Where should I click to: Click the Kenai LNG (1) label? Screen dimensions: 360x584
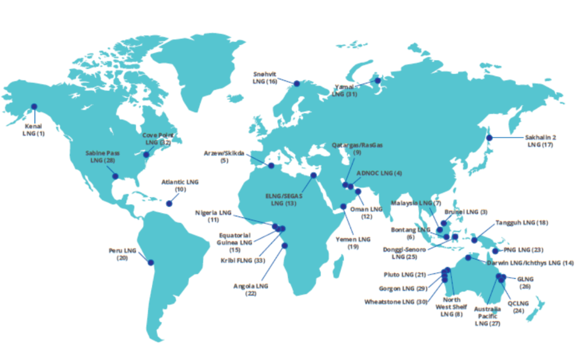click(34, 130)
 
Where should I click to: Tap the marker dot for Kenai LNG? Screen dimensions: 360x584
click(34, 107)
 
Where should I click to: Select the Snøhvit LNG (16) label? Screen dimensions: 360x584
click(265, 78)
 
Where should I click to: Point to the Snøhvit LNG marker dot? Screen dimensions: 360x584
click(297, 83)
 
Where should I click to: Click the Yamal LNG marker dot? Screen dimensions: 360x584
click(377, 81)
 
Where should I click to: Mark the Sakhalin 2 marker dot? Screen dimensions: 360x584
click(489, 137)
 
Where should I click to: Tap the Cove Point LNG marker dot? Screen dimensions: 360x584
click(146, 155)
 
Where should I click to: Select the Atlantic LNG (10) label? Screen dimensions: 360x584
click(180, 185)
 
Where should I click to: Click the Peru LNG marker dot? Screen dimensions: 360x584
click(150, 262)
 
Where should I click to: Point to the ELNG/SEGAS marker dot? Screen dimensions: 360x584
click(313, 176)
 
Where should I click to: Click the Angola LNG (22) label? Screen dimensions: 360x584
click(251, 290)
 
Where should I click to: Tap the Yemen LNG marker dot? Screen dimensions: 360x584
click(343, 206)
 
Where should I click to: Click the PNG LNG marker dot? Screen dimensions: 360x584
click(496, 251)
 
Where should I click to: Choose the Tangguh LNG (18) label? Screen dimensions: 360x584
click(522, 223)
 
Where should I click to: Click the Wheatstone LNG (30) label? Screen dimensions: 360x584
click(395, 302)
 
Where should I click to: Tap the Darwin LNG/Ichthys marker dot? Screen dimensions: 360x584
click(468, 258)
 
